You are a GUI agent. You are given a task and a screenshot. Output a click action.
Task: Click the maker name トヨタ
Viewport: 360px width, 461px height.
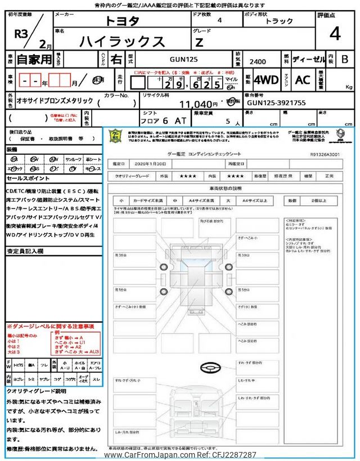coord(120,21)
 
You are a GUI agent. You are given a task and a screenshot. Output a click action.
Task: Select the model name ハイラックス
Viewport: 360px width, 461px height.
coord(122,41)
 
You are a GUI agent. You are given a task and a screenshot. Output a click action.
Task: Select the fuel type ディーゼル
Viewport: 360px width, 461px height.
coord(307,59)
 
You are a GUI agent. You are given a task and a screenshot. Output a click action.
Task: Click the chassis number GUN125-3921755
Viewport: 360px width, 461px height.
coord(276,104)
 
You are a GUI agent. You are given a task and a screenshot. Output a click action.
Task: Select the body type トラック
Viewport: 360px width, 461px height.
coord(280,21)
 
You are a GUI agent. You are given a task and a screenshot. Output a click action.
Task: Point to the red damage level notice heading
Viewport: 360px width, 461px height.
coord(50,326)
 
